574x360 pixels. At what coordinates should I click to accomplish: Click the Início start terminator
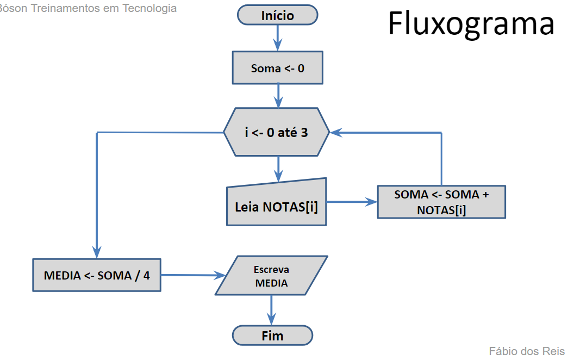tap(277, 15)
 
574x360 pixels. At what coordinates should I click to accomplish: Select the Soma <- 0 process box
tap(277, 68)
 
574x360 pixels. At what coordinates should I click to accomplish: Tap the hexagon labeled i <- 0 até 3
tap(277, 132)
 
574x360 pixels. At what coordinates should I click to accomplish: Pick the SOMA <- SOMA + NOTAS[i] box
tap(441, 202)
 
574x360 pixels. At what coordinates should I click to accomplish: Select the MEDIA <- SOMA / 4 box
tap(97, 275)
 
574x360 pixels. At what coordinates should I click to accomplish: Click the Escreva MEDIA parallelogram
tap(271, 276)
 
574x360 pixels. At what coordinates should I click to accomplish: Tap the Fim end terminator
tap(272, 336)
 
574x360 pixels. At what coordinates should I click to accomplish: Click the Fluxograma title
tap(471, 24)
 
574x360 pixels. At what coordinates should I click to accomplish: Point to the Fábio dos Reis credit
tap(526, 351)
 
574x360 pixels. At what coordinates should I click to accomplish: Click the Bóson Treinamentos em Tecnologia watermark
tap(89, 8)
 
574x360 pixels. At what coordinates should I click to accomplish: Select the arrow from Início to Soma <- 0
tap(278, 38)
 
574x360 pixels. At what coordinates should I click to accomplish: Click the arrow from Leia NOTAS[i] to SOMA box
tap(352, 202)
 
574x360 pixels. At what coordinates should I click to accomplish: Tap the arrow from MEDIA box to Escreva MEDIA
tap(193, 275)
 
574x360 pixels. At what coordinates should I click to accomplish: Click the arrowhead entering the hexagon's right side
tap(336, 132)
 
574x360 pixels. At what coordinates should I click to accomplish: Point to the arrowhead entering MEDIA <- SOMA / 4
tap(97, 252)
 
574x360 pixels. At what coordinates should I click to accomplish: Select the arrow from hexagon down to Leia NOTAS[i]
tap(278, 169)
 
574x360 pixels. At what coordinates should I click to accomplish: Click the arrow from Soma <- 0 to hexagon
tap(278, 96)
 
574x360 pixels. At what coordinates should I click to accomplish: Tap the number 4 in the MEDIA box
tap(146, 275)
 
